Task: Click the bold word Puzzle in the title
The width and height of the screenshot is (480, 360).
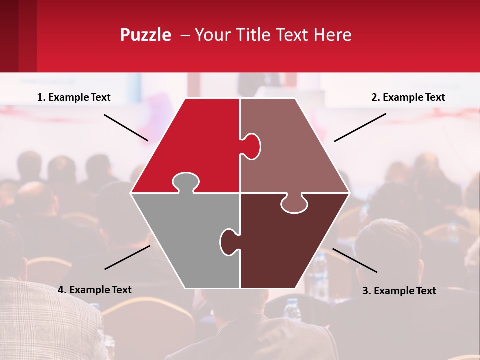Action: pos(145,35)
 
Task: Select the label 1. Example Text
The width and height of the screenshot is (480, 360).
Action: pos(74,97)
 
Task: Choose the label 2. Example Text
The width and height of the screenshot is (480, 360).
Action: pos(408,97)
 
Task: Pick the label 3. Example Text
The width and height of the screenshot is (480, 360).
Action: pos(399,291)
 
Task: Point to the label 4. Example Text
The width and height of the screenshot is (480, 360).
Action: pos(95,290)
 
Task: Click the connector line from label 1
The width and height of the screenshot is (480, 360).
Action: pos(126,127)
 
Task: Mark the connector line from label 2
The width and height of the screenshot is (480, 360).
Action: pos(360,127)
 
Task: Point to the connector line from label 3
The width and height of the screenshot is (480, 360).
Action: pos(355,260)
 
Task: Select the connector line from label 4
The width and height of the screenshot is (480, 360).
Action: pos(127,257)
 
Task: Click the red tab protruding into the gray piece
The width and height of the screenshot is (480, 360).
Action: pos(185,181)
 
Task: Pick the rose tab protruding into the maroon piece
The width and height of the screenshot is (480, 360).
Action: pos(294,204)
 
